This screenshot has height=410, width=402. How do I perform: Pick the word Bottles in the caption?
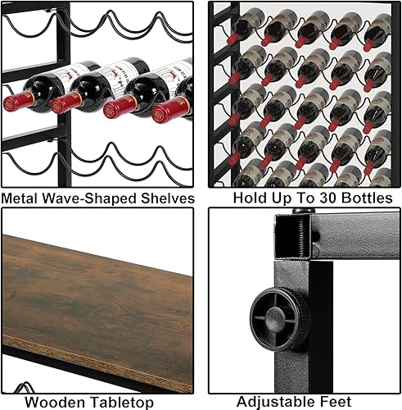click(364, 198)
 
